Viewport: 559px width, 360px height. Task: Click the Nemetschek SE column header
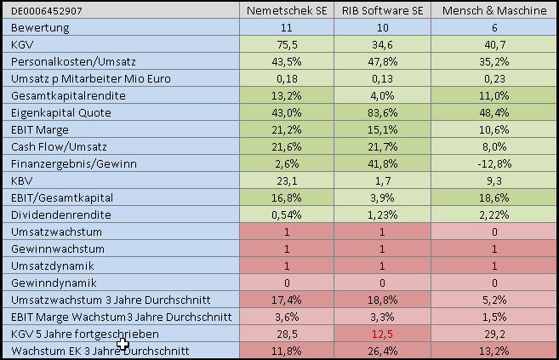287,11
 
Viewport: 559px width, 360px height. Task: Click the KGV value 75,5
287,44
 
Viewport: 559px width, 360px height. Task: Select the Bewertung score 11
287,28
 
